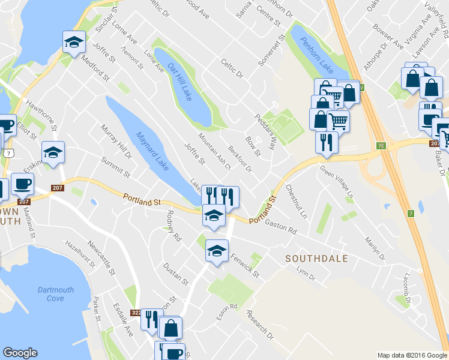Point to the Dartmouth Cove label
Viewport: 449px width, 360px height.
point(55,294)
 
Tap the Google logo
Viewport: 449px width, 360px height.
point(20,353)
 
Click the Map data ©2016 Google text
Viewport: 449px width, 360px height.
point(412,355)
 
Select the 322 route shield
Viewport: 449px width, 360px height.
point(136,313)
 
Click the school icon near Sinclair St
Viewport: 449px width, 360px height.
point(73,42)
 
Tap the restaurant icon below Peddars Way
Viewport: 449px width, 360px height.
point(326,141)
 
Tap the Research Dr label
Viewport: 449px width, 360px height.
point(259,324)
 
